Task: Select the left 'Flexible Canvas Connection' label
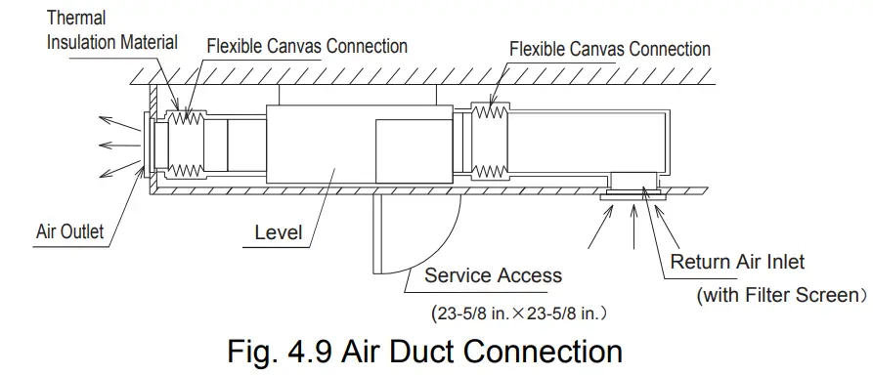click(307, 46)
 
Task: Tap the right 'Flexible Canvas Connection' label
click(610, 48)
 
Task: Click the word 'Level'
click(278, 233)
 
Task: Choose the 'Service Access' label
click(493, 275)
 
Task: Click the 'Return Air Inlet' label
click(737, 262)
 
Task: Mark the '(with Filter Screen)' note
click(780, 294)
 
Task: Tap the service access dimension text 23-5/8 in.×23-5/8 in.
click(517, 314)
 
